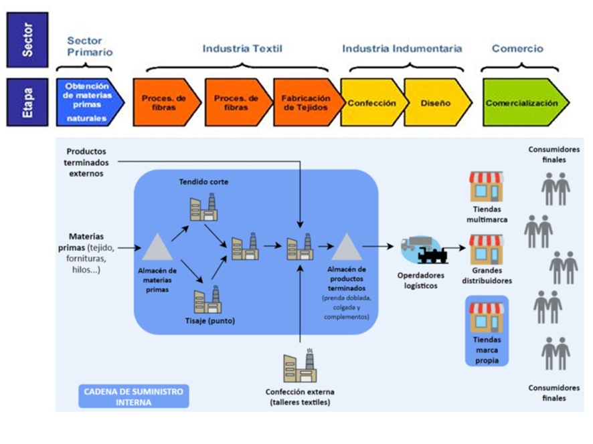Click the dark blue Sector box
(x=27, y=39)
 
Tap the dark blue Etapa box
(x=27, y=102)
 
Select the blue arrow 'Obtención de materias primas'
(x=90, y=102)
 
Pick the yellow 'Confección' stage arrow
(x=371, y=103)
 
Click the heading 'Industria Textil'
(x=242, y=49)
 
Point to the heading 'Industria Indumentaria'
(x=402, y=49)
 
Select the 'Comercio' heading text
(x=517, y=49)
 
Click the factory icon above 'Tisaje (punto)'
(x=207, y=300)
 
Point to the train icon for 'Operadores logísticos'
(x=434, y=253)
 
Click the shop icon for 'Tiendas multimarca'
(x=487, y=187)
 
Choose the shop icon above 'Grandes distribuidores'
(x=487, y=249)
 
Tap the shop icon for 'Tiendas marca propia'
(x=487, y=318)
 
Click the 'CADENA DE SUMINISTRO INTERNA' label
(x=134, y=396)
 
